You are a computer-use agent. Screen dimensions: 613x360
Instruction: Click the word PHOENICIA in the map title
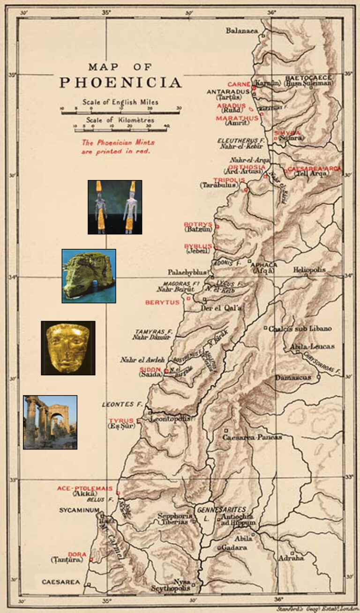pyautogui.click(x=120, y=82)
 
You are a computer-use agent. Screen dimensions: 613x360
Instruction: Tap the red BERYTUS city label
pyautogui.click(x=162, y=303)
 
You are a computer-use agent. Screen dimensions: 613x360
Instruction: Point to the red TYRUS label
pyautogui.click(x=121, y=420)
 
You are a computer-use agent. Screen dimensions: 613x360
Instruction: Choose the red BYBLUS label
pyautogui.click(x=198, y=246)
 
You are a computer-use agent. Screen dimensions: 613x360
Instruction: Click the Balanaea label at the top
pyautogui.click(x=242, y=31)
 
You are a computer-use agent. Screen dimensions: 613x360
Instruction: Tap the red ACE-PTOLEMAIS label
pyautogui.click(x=85, y=488)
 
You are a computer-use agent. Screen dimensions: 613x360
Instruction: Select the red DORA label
pyautogui.click(x=77, y=554)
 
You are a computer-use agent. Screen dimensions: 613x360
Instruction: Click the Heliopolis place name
pyautogui.click(x=309, y=270)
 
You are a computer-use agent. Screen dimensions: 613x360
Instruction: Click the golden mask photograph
pyautogui.click(x=68, y=348)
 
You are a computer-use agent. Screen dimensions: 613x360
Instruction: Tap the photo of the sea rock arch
pyautogui.click(x=89, y=276)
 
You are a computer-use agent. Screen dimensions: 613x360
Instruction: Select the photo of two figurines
pyautogui.click(x=115, y=207)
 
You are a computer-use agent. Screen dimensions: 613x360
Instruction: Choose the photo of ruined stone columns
pyautogui.click(x=50, y=422)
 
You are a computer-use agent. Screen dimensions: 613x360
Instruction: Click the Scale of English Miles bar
pyautogui.click(x=120, y=109)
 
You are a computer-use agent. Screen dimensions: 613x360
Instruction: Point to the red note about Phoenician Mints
pyautogui.click(x=118, y=147)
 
